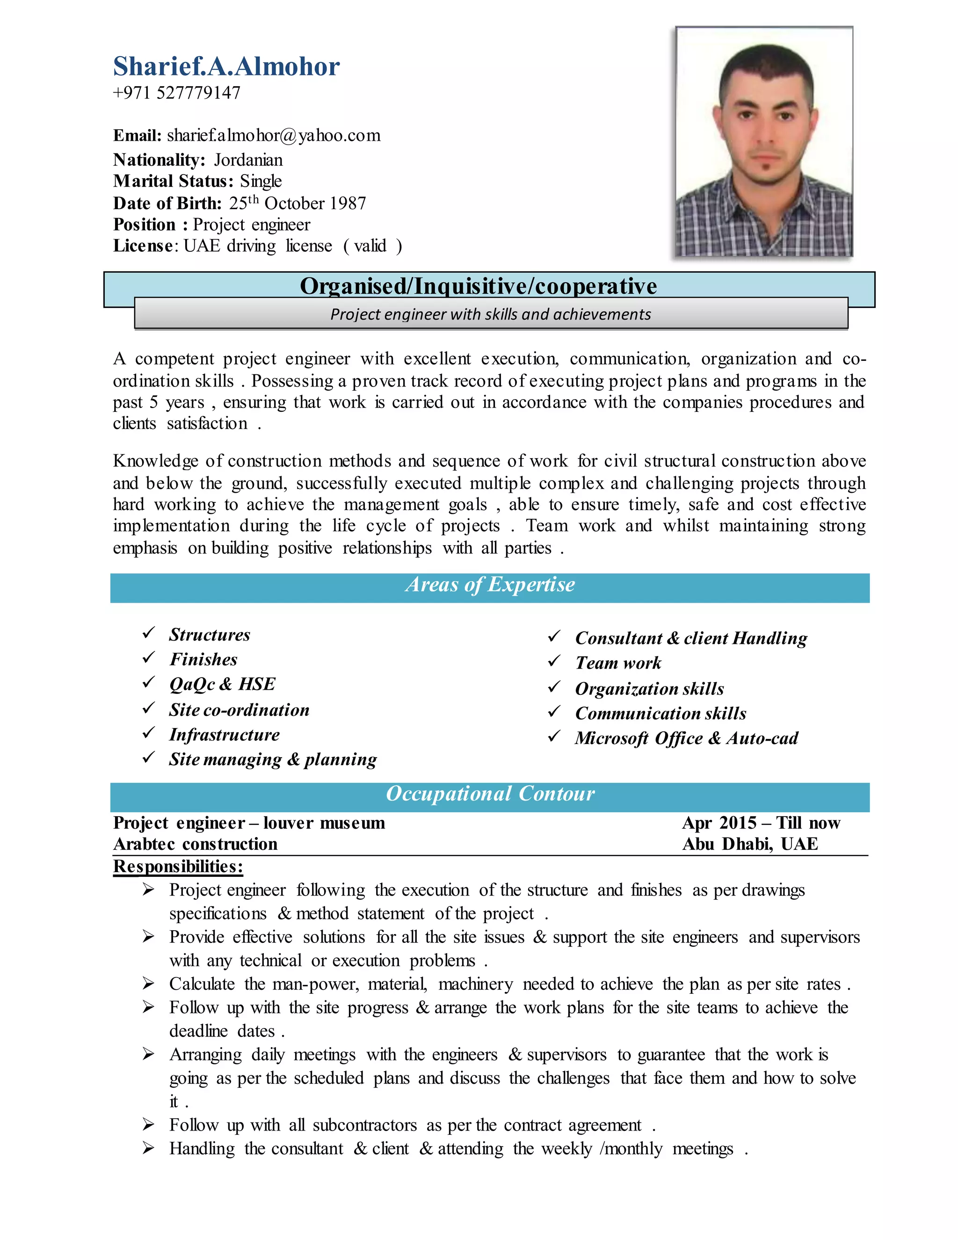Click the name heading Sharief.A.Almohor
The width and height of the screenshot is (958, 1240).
pyautogui.click(x=226, y=66)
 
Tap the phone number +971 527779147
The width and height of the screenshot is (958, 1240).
pyautogui.click(x=176, y=93)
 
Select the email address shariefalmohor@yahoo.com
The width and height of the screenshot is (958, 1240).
pyautogui.click(x=274, y=136)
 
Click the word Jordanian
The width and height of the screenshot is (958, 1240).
pyautogui.click(x=248, y=160)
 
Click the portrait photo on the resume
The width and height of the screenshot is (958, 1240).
pyautogui.click(x=763, y=142)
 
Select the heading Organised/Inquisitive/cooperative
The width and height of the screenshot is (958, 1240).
pyautogui.click(x=478, y=286)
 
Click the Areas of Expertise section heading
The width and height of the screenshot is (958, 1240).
pyautogui.click(x=490, y=585)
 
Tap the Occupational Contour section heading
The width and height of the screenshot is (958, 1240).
pyautogui.click(x=490, y=794)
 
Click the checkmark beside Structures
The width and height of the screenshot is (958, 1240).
pyautogui.click(x=149, y=633)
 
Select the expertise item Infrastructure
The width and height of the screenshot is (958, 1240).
pyautogui.click(x=224, y=735)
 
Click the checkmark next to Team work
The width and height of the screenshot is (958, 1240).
pyautogui.click(x=554, y=662)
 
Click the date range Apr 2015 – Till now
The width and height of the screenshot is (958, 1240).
pyautogui.click(x=761, y=823)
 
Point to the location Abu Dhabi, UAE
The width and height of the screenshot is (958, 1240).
pyautogui.click(x=750, y=844)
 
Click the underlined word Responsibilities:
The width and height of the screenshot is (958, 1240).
pyautogui.click(x=178, y=867)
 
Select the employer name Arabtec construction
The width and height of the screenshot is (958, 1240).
pyautogui.click(x=195, y=844)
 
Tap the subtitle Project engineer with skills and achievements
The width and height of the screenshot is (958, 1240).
pyautogui.click(x=490, y=314)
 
